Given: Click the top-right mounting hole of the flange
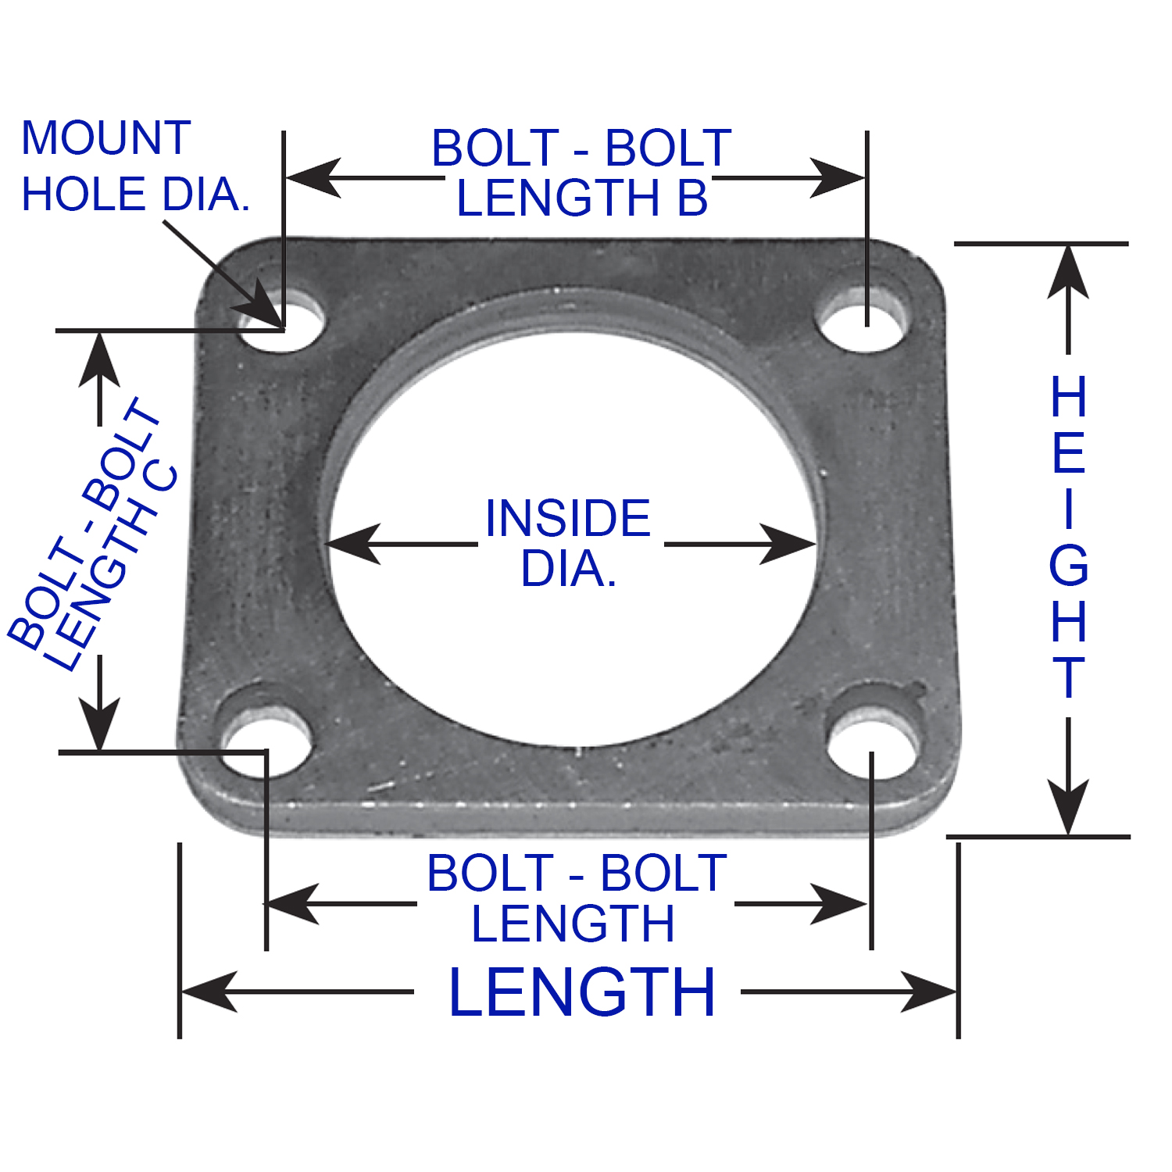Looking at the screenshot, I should tap(863, 320).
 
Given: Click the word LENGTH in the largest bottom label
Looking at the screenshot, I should tap(582, 992).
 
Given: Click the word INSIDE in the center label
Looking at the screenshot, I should tap(568, 518).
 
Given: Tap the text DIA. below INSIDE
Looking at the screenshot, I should tap(568, 569).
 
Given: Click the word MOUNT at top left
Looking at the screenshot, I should tap(106, 138).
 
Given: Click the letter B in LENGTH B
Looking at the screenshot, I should tap(692, 198).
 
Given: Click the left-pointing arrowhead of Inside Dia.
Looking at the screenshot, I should tap(352, 544).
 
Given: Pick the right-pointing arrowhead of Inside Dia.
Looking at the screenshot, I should tap(789, 544).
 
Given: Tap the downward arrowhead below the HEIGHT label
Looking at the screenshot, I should tap(1068, 809).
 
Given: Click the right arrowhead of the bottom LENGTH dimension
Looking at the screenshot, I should tap(930, 992).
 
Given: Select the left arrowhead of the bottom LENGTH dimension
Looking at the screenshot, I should tap(208, 992).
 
